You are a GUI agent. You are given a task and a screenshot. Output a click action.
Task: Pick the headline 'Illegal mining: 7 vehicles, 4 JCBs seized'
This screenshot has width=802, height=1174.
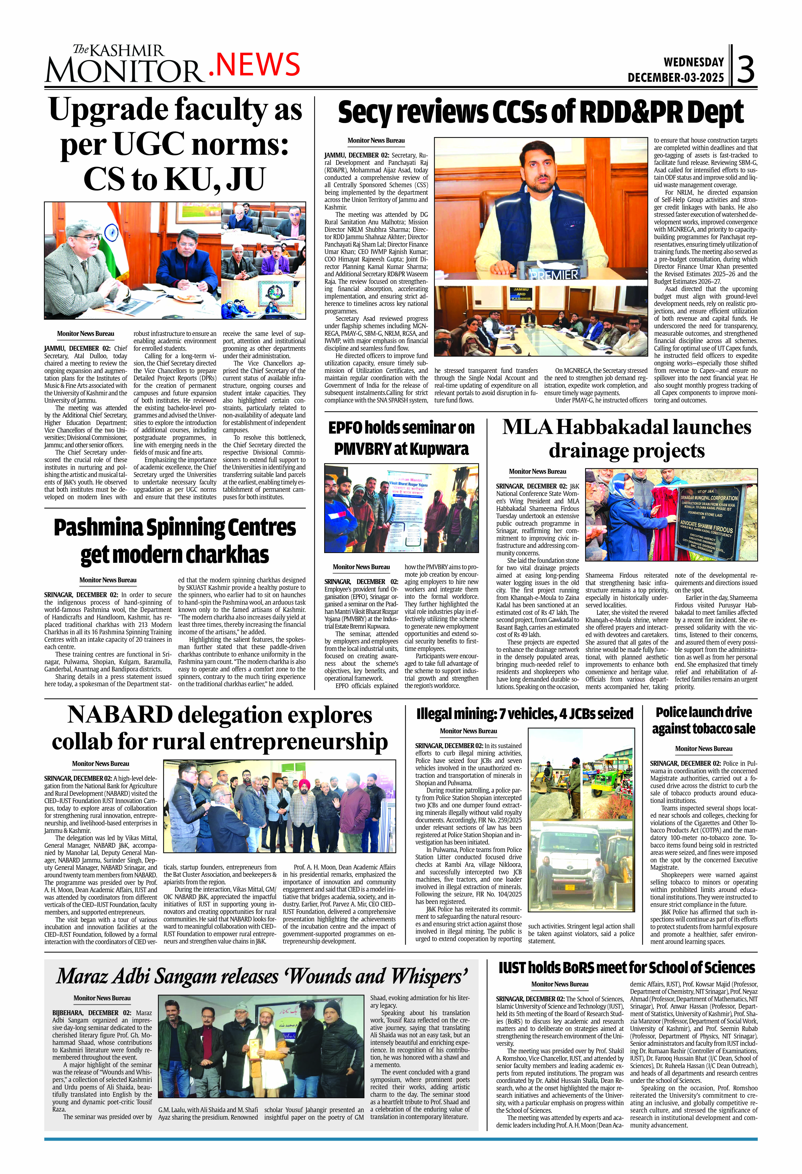coord(524,713)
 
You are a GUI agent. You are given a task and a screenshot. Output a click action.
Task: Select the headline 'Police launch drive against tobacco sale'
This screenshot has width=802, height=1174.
coord(704,720)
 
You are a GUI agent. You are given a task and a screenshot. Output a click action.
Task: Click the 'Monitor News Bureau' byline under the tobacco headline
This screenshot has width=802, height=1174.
coord(704,749)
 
